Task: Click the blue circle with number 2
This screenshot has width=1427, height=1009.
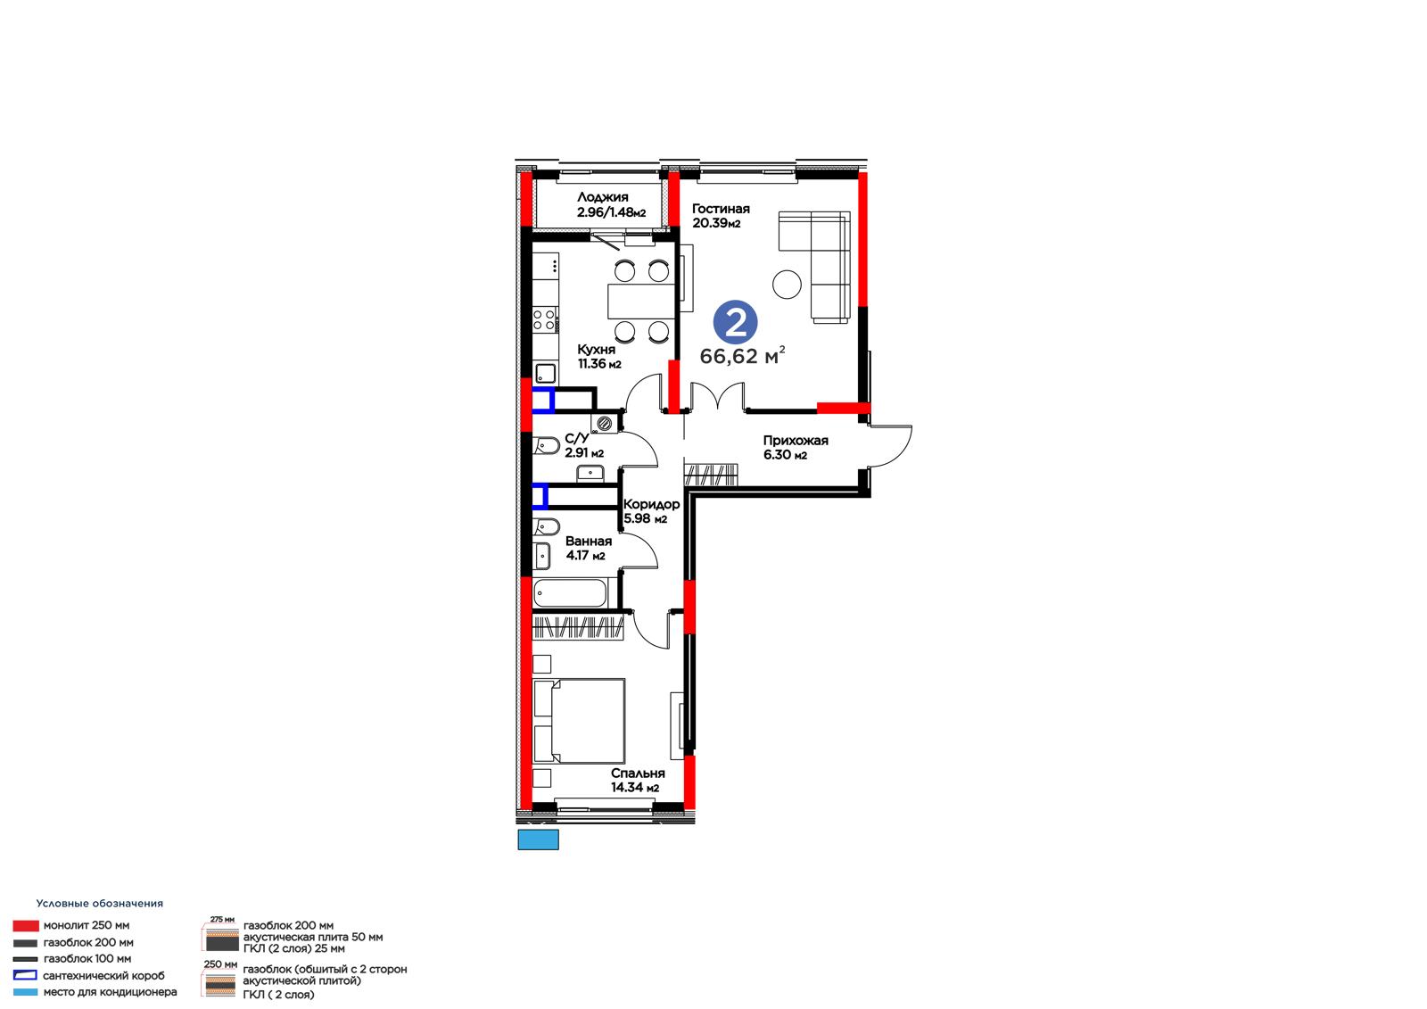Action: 735,323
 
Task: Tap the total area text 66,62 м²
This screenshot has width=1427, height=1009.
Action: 742,355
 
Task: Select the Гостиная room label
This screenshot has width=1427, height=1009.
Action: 721,215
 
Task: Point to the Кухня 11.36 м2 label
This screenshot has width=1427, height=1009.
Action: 598,356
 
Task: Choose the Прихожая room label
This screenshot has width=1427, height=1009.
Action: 795,447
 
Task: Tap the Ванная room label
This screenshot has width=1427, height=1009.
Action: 588,548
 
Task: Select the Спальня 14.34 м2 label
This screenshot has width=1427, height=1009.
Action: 637,780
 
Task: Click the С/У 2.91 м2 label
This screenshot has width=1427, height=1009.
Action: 583,445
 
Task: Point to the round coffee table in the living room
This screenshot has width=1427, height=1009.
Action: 787,285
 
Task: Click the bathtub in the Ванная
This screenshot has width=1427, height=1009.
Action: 570,592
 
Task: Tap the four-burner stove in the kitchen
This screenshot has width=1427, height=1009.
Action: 545,319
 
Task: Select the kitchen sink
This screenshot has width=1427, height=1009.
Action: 545,374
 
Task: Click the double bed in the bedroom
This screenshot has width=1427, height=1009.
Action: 579,720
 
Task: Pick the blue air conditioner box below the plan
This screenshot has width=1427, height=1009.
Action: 539,839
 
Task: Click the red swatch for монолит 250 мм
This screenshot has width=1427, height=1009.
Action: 26,925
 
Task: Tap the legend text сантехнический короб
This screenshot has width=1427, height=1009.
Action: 103,975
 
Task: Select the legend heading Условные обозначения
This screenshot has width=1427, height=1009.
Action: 99,903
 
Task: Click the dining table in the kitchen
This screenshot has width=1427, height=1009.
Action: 641,301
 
